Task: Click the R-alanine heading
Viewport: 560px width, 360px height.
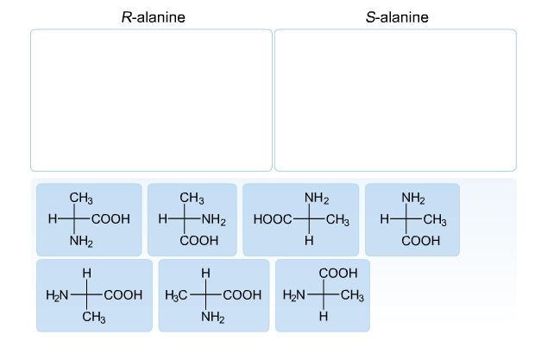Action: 153,17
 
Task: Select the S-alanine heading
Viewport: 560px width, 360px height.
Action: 397,17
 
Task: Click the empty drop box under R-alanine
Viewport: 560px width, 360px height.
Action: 151,100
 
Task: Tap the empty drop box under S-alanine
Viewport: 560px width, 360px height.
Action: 395,100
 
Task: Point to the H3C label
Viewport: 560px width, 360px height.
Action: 177,295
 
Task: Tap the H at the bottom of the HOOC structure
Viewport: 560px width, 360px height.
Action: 308,242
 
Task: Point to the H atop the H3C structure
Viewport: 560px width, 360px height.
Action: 205,274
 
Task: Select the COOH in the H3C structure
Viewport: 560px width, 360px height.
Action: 242,295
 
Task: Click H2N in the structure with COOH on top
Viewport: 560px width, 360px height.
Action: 295,295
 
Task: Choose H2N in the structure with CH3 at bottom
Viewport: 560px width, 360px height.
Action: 58,295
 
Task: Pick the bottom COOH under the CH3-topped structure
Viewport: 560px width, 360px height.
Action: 199,242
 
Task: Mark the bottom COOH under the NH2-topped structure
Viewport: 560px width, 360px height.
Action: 421,242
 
